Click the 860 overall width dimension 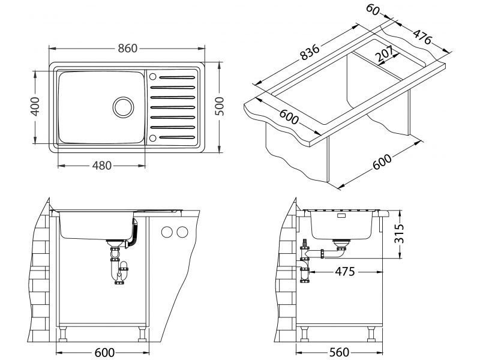[127, 48]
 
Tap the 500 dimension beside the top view [220, 106]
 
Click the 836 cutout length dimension [311, 52]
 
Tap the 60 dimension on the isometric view [373, 10]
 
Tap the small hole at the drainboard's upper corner [152, 77]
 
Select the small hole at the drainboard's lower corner [152, 139]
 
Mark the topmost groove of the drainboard [176, 77]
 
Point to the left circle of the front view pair [167, 232]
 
